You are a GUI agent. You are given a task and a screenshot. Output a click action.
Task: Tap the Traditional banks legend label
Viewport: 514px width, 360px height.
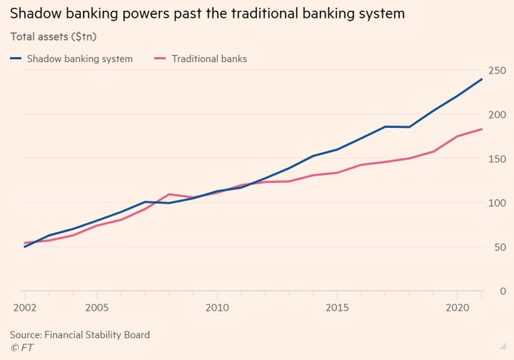tap(208, 58)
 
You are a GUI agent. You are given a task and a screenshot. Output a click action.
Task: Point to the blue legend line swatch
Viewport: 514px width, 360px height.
tap(16, 58)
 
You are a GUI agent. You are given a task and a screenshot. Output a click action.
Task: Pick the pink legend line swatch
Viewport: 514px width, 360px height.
tap(160, 58)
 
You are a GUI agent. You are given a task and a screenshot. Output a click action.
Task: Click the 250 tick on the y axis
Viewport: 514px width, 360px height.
tap(497, 70)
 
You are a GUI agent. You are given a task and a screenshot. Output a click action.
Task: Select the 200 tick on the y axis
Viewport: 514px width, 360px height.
tap(497, 114)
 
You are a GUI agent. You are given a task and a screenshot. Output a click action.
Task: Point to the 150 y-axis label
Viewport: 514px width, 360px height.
tap(497, 159)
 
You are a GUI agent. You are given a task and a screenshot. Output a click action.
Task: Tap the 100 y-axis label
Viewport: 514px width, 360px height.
tap(497, 203)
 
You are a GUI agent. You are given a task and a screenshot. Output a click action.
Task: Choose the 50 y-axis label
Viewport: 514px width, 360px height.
tap(499, 247)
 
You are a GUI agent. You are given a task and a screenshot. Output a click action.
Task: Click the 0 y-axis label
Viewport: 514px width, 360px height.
tap(502, 291)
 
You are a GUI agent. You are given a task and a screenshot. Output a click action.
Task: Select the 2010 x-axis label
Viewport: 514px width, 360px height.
tap(216, 309)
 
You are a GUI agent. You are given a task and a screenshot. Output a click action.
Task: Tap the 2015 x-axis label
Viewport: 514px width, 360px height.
tap(337, 309)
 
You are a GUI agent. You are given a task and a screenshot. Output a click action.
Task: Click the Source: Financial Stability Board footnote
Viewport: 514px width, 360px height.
tap(79, 334)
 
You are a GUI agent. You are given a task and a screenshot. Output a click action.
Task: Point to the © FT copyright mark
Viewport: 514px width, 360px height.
tap(21, 347)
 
